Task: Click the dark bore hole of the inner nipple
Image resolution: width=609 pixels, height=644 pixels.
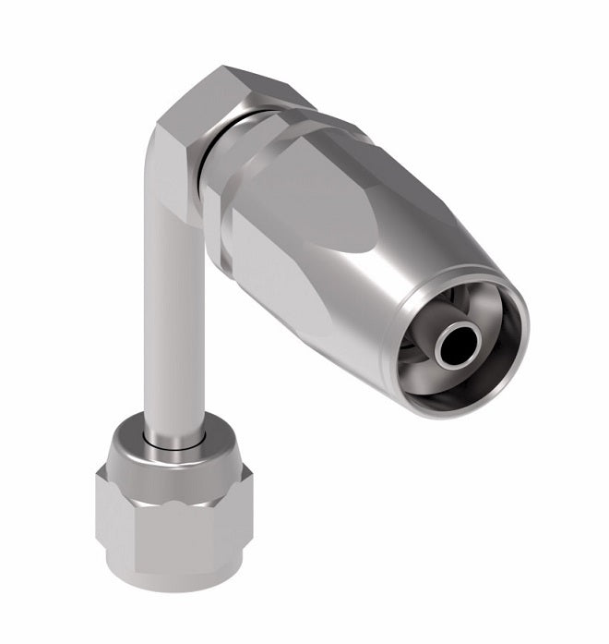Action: click(x=456, y=346)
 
